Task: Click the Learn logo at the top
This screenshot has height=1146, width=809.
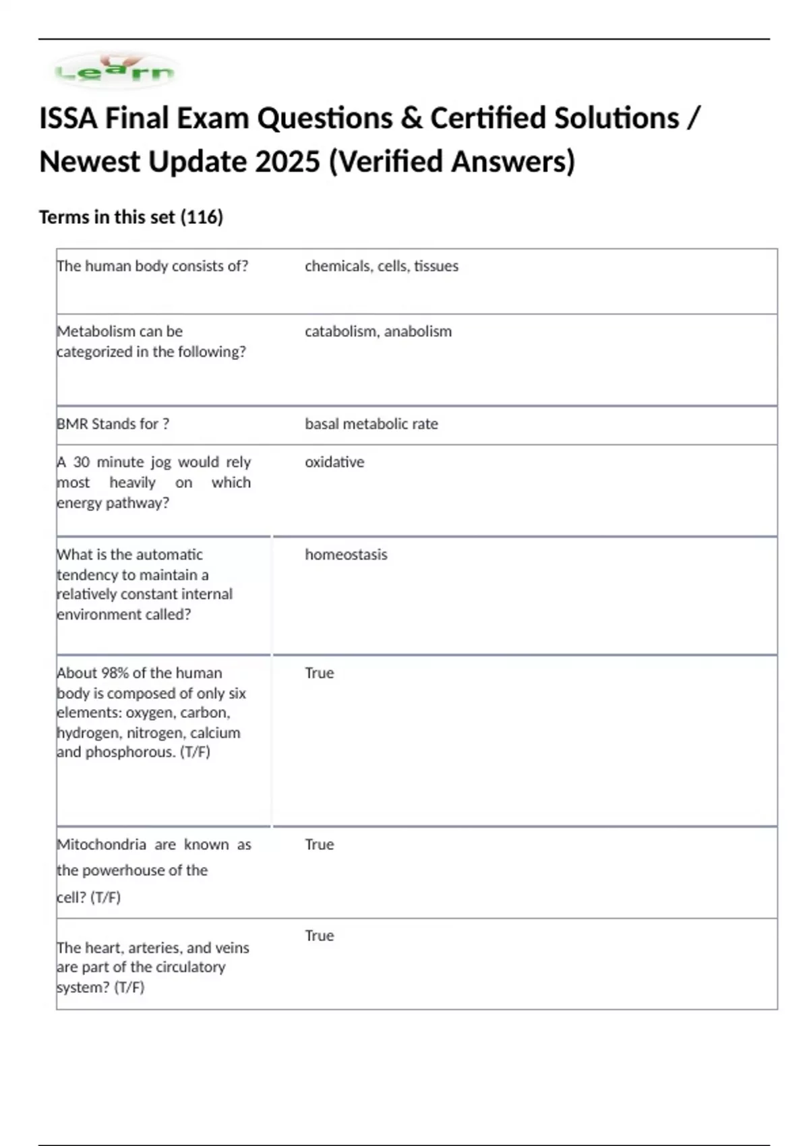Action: tap(115, 70)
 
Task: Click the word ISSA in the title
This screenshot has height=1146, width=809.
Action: tap(67, 119)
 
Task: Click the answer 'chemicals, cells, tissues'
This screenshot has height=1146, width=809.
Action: tap(381, 266)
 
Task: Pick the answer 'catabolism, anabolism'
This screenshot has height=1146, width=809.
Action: tap(378, 332)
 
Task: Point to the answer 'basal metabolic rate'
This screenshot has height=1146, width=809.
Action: tap(371, 424)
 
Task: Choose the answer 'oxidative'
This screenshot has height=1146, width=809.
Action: tap(334, 462)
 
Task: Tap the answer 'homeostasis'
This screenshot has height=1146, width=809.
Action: tap(346, 555)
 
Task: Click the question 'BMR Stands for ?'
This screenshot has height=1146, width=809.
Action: tap(113, 424)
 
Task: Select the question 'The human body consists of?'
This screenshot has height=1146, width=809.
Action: tap(152, 266)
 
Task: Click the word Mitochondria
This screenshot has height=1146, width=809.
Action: tap(101, 845)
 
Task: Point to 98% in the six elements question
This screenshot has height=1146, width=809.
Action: tap(115, 673)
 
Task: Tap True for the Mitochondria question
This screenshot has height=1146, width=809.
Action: tap(319, 845)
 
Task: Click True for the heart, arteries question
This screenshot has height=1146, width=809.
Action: tap(319, 936)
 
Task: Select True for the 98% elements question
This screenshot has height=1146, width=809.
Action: tap(319, 673)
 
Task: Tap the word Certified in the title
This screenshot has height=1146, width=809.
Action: tap(487, 119)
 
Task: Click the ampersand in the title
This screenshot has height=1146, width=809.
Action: tap(411, 119)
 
